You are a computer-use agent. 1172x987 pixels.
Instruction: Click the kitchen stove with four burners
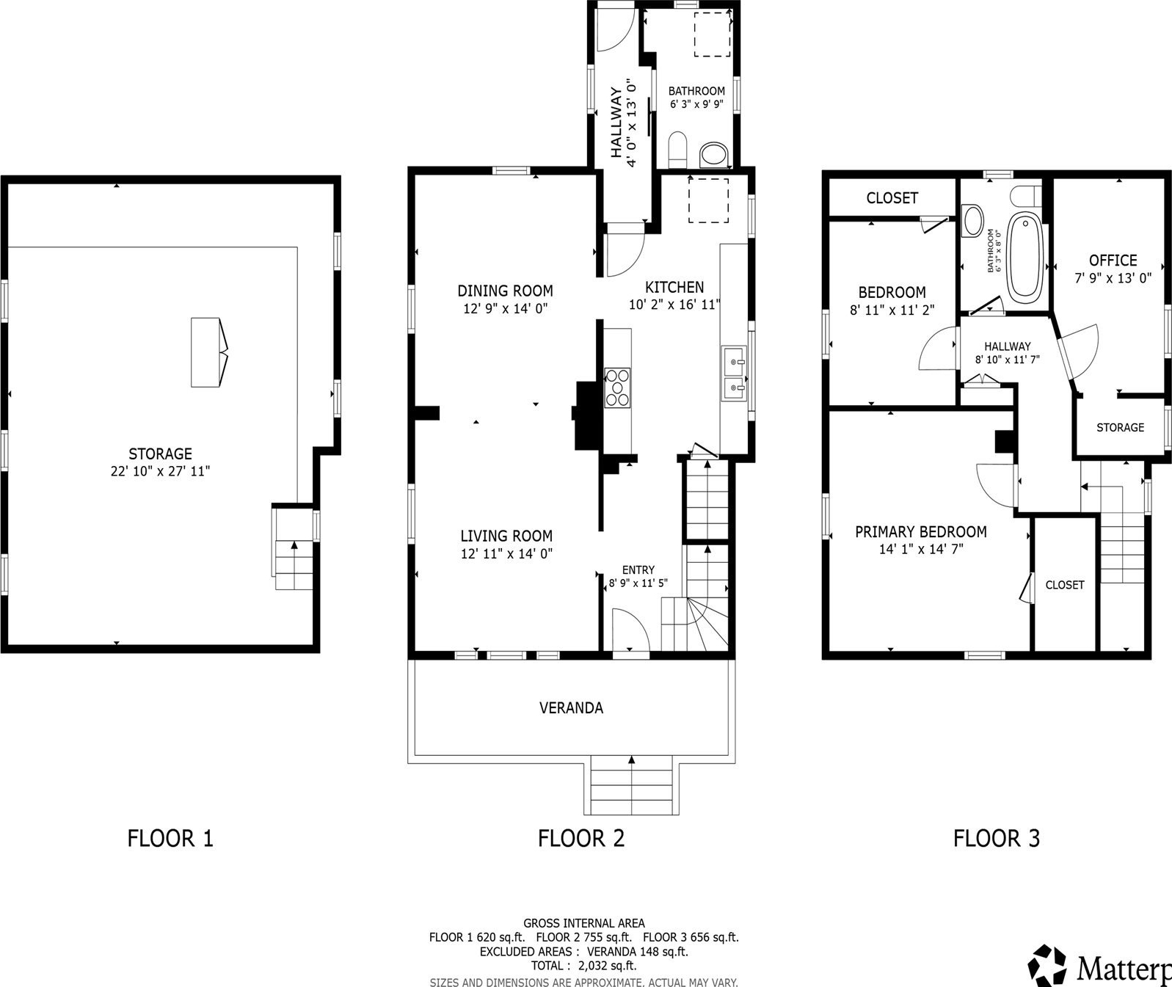click(617, 387)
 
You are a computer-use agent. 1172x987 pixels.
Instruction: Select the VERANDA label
click(571, 708)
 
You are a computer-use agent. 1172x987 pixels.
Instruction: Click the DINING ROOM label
click(505, 291)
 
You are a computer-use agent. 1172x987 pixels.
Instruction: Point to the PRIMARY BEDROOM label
click(920, 532)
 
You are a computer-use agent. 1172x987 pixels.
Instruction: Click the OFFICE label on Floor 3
click(1113, 261)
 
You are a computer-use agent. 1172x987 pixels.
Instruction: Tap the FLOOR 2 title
click(581, 838)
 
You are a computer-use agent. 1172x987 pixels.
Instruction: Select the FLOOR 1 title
click(170, 838)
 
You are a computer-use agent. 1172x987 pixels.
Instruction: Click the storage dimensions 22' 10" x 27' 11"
click(160, 471)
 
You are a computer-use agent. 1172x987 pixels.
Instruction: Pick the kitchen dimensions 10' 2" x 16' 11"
click(674, 305)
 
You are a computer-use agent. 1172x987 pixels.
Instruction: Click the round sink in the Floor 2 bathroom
click(714, 153)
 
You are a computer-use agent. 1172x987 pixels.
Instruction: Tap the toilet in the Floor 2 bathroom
click(677, 150)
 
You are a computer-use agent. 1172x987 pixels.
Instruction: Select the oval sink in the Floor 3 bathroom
click(972, 221)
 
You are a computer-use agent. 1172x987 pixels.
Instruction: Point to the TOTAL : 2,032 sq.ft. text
click(583, 966)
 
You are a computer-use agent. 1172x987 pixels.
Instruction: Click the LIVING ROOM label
click(506, 536)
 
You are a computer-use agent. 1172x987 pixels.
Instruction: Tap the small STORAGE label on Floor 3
click(1121, 428)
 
